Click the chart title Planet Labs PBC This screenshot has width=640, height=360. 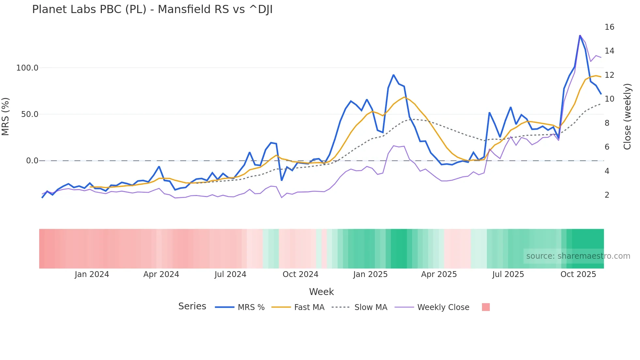pyautogui.click(x=152, y=9)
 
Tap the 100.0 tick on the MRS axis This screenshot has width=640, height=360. pyautogui.click(x=27, y=68)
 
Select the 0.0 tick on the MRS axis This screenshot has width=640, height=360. pyautogui.click(x=32, y=161)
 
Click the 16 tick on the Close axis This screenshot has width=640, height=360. pyautogui.click(x=609, y=27)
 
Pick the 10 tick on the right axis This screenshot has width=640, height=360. pyautogui.click(x=609, y=99)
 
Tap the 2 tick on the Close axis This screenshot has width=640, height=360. pyautogui.click(x=607, y=195)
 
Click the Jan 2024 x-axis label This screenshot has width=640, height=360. pyautogui.click(x=92, y=274)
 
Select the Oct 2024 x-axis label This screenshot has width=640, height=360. pyautogui.click(x=300, y=274)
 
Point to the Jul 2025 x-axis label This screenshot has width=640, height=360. pyautogui.click(x=508, y=274)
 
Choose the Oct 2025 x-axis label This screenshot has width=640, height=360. pyautogui.click(x=578, y=274)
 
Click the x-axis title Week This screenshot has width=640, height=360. pyautogui.click(x=321, y=292)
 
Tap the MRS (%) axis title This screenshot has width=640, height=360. pyautogui.click(x=6, y=117)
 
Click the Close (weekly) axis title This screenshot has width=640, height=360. pyautogui.click(x=627, y=117)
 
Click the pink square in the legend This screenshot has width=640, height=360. pyautogui.click(x=486, y=307)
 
